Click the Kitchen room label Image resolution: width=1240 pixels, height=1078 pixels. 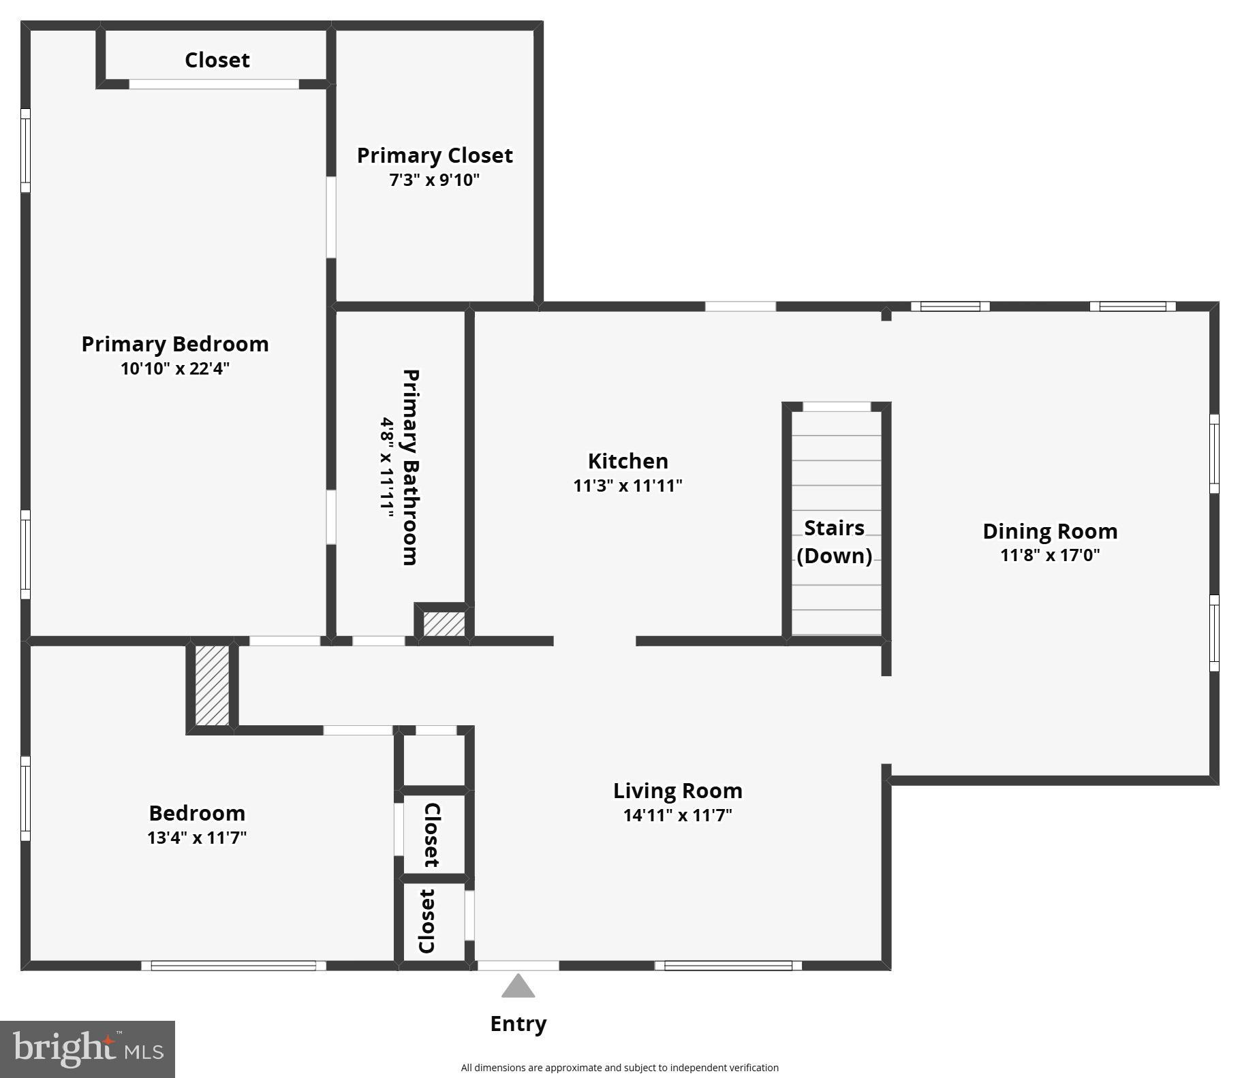627,461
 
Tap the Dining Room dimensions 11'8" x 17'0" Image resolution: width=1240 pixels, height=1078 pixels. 1049,555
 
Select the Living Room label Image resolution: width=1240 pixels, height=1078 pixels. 677,791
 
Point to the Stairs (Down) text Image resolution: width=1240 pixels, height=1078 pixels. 834,541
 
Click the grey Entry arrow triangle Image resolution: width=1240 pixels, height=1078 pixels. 518,987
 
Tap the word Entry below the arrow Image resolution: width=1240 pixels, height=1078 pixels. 518,1024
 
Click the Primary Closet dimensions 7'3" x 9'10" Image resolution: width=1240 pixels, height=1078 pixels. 435,180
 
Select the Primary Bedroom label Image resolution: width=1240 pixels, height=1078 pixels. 175,344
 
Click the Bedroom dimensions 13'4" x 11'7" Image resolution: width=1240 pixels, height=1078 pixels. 197,837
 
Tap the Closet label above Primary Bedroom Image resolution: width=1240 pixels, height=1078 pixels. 217,60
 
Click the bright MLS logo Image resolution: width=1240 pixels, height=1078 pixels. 88,1049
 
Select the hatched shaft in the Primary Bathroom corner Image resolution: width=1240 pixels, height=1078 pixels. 444,624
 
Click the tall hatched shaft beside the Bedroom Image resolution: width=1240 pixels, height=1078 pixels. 212,685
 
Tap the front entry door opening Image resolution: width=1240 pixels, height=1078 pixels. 518,965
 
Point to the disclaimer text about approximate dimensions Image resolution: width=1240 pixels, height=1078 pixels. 619,1068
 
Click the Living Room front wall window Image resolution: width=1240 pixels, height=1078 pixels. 728,965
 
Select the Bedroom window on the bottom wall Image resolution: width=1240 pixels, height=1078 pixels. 233,965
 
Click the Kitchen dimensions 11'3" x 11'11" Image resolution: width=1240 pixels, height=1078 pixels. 627,486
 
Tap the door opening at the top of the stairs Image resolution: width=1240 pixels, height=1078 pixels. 837,407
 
